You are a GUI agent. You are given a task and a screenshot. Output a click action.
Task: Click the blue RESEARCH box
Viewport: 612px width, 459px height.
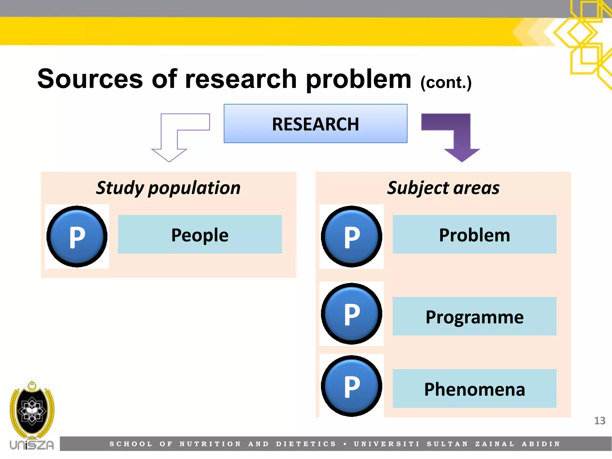(315, 123)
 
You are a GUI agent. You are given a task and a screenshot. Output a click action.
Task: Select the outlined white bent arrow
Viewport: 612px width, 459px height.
(169, 140)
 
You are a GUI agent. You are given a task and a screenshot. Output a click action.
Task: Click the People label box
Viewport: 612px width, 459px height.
(200, 234)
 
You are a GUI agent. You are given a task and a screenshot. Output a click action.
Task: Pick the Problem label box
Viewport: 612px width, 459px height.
(474, 234)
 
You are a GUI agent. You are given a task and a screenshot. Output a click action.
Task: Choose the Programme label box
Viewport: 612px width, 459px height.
(474, 316)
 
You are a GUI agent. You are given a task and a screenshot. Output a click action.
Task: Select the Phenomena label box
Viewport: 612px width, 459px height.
(474, 388)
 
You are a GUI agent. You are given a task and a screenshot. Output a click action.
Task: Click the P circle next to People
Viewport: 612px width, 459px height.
(77, 236)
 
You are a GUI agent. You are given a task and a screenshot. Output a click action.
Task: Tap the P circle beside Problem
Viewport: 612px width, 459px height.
(351, 236)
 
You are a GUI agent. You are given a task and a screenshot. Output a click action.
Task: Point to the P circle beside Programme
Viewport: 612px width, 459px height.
(351, 313)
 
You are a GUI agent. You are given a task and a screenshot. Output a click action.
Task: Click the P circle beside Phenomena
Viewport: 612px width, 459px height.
(351, 386)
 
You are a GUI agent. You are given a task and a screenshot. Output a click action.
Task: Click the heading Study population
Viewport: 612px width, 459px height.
(168, 188)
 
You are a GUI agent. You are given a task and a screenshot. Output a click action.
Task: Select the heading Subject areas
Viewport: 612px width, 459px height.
(443, 188)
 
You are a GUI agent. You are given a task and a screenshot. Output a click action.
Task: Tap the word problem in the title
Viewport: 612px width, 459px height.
(358, 79)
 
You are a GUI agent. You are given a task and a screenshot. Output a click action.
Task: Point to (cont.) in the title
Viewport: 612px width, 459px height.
(446, 82)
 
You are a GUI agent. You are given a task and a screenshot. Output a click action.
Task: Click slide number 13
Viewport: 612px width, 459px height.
(599, 421)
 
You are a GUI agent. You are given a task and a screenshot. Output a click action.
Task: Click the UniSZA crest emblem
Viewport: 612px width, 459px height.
(32, 411)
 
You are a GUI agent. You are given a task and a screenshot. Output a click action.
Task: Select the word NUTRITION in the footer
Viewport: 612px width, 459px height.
(210, 444)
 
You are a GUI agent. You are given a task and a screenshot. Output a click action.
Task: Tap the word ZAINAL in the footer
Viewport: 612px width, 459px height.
(495, 444)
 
